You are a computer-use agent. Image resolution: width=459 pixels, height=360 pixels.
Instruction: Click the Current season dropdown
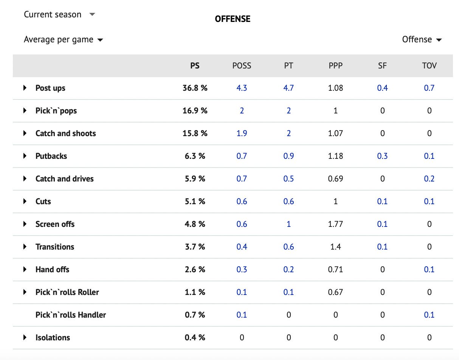[x=59, y=14]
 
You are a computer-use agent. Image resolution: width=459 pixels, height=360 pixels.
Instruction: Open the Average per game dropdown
[x=64, y=39]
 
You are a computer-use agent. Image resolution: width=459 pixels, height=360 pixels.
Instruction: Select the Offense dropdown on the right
[x=422, y=39]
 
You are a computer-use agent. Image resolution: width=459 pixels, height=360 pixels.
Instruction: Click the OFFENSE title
[x=233, y=19]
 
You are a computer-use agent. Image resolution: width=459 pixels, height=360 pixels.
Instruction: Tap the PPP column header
[x=335, y=66]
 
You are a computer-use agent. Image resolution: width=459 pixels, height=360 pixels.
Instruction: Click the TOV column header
[x=429, y=66]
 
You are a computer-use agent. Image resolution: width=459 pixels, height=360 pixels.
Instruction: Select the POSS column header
[x=242, y=66]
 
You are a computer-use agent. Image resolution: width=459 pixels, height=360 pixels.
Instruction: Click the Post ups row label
[x=50, y=88]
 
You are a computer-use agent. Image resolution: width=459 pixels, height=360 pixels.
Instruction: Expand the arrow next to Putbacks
[x=25, y=156]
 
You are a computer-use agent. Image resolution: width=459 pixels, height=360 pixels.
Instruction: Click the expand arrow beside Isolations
[x=25, y=337]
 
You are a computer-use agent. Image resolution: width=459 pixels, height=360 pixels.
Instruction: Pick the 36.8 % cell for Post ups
[x=195, y=88]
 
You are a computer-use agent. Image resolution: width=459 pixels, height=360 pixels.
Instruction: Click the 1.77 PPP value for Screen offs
[x=335, y=224]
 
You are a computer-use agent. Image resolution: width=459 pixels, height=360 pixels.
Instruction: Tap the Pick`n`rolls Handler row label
[x=71, y=315]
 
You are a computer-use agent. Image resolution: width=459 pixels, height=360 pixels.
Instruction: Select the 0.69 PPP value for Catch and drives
[x=335, y=179]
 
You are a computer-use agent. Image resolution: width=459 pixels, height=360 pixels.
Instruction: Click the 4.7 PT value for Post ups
[x=288, y=88]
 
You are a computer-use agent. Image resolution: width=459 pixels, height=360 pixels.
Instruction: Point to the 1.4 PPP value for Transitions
[x=335, y=247]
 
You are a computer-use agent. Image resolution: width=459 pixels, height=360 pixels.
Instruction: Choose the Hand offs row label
[x=52, y=269]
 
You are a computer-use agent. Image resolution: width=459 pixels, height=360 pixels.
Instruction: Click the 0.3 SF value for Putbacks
[x=382, y=156]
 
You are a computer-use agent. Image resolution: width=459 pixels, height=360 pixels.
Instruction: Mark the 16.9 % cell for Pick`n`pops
[x=195, y=110]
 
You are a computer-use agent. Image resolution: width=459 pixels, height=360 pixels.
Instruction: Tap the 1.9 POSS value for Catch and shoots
[x=242, y=133]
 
